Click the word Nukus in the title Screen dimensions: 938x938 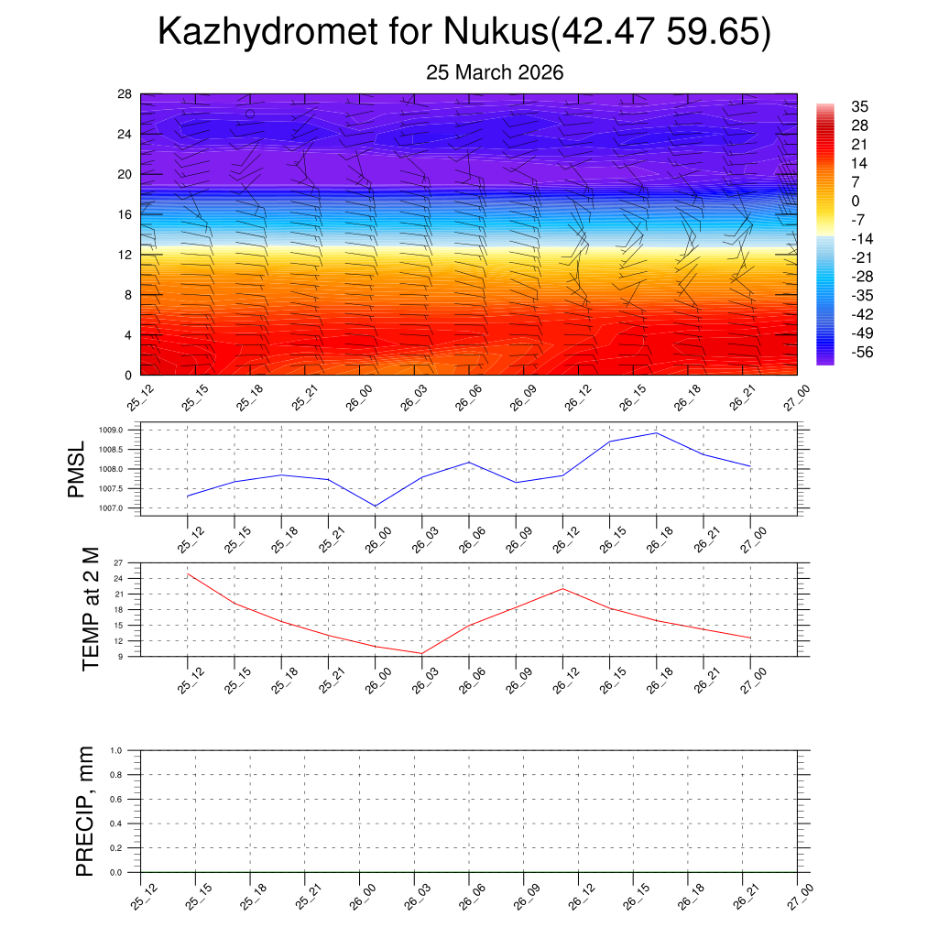click(x=494, y=32)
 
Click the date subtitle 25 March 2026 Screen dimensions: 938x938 click(x=495, y=72)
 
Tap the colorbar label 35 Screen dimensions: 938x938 click(x=859, y=106)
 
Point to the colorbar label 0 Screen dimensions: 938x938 click(x=856, y=202)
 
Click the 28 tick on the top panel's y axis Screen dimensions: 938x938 click(x=125, y=93)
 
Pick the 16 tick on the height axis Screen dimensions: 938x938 click(x=125, y=214)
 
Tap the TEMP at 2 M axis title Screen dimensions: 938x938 click(x=90, y=609)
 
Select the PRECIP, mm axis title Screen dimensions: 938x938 click(x=85, y=811)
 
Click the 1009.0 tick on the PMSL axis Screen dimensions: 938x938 click(x=124, y=430)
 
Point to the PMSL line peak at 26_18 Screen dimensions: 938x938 click(x=656, y=433)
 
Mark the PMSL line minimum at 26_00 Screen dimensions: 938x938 click(x=375, y=506)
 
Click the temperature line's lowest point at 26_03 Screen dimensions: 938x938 click(x=421, y=653)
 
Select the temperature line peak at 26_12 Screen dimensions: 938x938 click(x=562, y=588)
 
